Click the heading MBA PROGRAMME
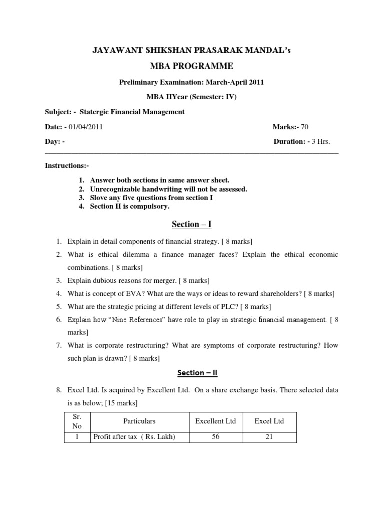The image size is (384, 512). (x=192, y=66)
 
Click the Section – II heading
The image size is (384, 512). (x=192, y=373)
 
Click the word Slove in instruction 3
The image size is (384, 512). (x=99, y=198)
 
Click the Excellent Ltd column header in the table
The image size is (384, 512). (x=215, y=421)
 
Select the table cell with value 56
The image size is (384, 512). (x=215, y=437)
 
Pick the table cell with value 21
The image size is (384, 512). (x=269, y=437)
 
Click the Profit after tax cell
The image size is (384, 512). (x=134, y=437)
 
